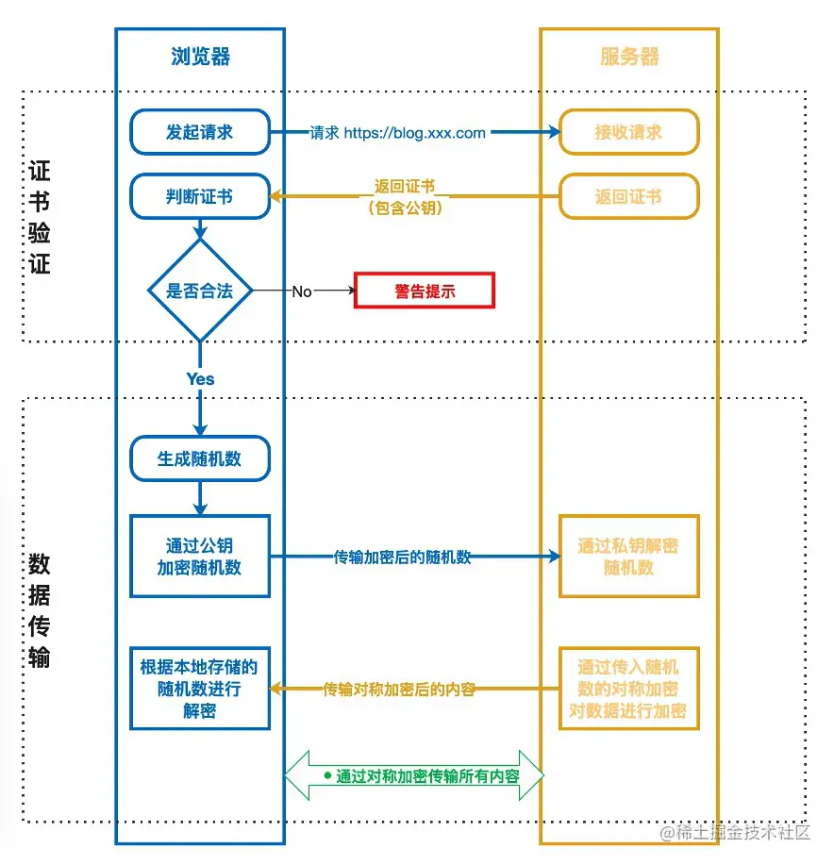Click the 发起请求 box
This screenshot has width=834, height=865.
click(199, 132)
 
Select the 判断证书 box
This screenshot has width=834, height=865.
click(199, 196)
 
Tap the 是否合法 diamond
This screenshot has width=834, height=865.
click(199, 291)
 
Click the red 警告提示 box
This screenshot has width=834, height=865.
click(425, 291)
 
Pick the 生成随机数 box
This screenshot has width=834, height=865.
click(199, 459)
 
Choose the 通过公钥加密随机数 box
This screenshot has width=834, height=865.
click(199, 557)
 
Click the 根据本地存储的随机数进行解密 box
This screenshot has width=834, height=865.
click(199, 689)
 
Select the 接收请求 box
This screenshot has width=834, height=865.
click(628, 132)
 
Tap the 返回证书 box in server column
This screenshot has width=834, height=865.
click(628, 196)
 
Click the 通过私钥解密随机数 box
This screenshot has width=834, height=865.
click(628, 557)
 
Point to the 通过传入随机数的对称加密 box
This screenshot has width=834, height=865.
click(628, 689)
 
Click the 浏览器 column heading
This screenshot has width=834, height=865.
click(200, 57)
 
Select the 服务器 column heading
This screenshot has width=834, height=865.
click(629, 57)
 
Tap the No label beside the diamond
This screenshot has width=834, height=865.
click(302, 291)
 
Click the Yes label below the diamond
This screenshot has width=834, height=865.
click(200, 378)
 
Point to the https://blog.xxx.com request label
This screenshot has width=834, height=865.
click(398, 133)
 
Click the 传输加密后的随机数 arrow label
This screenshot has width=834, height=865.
click(403, 557)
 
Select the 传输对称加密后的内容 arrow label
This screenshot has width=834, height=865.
click(399, 690)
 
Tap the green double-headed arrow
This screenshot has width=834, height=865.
click(415, 775)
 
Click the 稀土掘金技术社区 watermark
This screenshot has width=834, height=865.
click(736, 832)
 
